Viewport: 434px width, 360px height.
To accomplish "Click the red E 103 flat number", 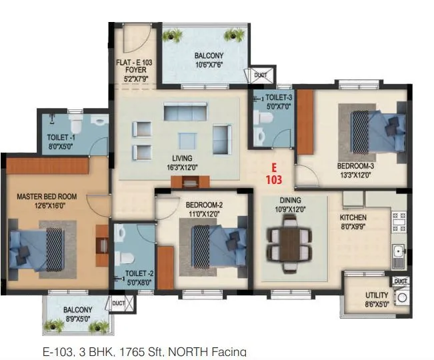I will pos(273,173).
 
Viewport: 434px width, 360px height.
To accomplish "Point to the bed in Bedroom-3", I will pos(377,129).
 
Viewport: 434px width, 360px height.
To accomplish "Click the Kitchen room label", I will pos(353,217).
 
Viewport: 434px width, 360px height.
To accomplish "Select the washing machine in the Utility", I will pos(401,297).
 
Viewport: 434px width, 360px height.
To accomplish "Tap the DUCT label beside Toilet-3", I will pos(259,75).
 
